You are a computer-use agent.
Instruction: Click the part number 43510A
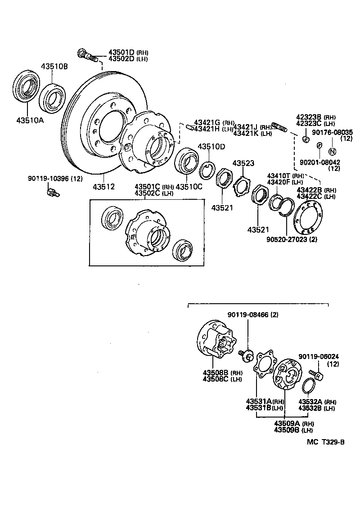pyautogui.click(x=30, y=121)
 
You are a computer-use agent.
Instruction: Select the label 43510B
pyautogui.click(x=54, y=67)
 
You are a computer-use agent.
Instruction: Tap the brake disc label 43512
pyautogui.click(x=104, y=187)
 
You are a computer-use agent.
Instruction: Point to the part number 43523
pyautogui.click(x=243, y=163)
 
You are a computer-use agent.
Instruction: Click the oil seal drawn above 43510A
pyautogui.click(x=26, y=85)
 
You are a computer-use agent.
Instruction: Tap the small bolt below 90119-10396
pyautogui.click(x=52, y=193)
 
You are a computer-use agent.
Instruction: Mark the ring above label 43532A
pyautogui.click(x=308, y=386)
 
